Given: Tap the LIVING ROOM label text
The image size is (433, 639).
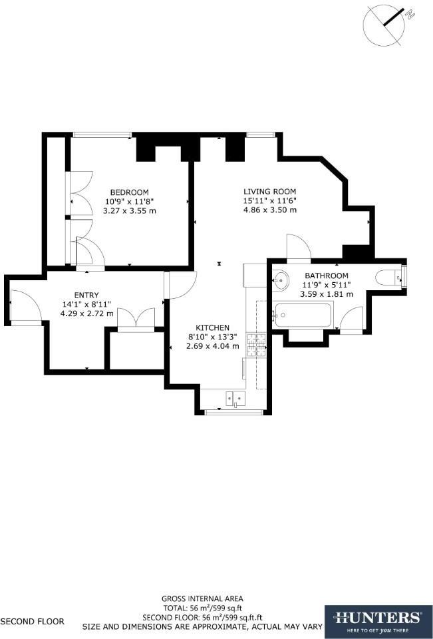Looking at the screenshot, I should tap(269, 191).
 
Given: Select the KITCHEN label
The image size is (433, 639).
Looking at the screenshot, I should tap(212, 327).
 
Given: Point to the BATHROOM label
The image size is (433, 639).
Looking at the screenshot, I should tap(326, 276).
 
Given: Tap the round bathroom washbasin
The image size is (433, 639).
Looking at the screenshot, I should tap(281, 280).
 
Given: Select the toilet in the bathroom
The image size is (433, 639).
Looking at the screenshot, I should tap(389, 278).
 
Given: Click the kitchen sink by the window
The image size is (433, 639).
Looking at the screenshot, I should tap(235, 399).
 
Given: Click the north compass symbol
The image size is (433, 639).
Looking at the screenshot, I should tap(384, 24).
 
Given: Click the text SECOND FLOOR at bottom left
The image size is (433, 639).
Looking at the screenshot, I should tap(33, 622).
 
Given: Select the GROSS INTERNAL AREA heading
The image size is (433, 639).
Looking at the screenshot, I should tap(202, 598).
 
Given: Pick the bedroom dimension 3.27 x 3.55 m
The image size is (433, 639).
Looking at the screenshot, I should tap(130, 210).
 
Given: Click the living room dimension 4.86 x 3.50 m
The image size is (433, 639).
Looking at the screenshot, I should tap(269, 210).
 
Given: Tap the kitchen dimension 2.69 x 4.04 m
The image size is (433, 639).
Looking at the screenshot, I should tap(212, 345).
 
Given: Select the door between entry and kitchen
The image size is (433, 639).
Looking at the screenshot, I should tap(180, 285).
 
